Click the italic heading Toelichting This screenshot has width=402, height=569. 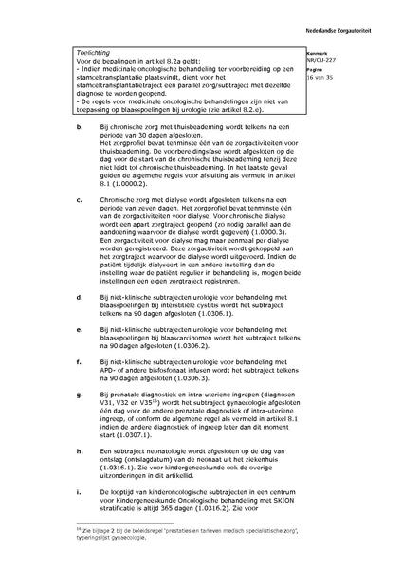point(94,56)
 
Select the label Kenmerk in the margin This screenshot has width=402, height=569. point(342,54)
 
